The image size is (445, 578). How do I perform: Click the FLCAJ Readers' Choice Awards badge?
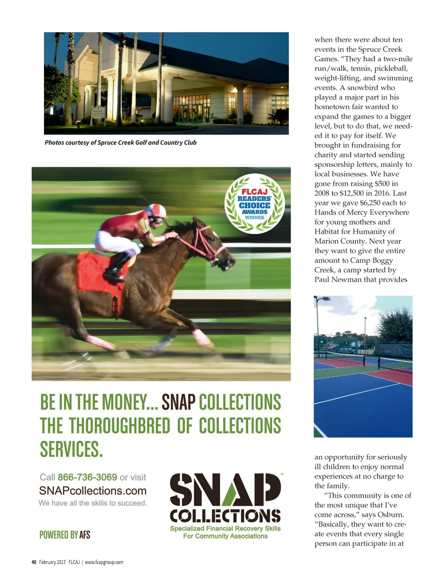tap(255, 203)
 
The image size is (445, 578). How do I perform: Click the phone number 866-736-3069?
tap(87, 477)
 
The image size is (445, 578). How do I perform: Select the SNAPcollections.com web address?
tap(93, 491)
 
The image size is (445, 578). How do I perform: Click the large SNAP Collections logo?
tap(225, 498)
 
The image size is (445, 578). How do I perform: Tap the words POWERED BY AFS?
tap(65, 535)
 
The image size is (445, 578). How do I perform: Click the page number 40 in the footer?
tap(34, 562)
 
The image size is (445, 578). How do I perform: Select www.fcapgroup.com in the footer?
tap(104, 562)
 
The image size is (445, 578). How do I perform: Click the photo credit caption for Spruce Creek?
tap(120, 143)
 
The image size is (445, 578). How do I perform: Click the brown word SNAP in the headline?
tap(179, 402)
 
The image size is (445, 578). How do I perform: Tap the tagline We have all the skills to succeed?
tap(93, 503)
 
